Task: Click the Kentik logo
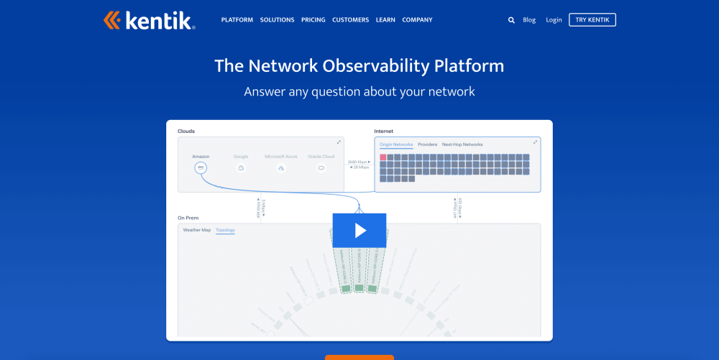tap(148, 20)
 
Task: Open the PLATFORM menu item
tap(237, 20)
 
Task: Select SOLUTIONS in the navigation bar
tap(277, 20)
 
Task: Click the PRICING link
tap(313, 20)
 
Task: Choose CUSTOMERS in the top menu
tap(350, 20)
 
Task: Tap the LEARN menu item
tap(385, 20)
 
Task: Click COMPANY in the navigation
tap(417, 20)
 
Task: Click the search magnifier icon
tap(511, 20)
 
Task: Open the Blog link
tap(529, 20)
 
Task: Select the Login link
tap(554, 20)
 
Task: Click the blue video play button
tap(359, 230)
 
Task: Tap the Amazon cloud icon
tap(201, 167)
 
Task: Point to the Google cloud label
tap(241, 156)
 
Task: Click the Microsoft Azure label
tap(280, 156)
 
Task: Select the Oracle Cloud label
tap(321, 156)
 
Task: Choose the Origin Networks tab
tap(396, 144)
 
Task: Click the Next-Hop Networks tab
tap(462, 144)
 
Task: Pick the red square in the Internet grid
tap(383, 157)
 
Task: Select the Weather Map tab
tap(196, 230)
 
